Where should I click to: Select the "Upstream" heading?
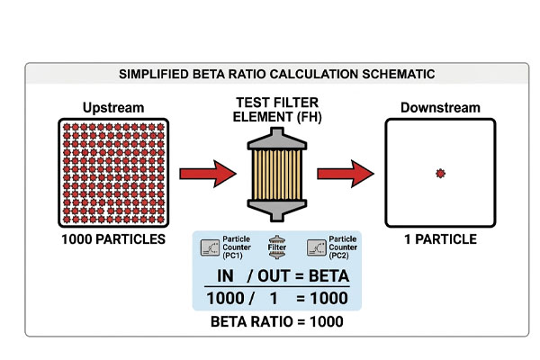[x=113, y=108]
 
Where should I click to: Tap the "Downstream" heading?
[x=440, y=108]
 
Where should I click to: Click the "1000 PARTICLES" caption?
[x=113, y=239]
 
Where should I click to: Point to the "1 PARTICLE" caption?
[x=440, y=239]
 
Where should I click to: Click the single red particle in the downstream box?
[x=440, y=173]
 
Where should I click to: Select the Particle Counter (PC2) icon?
[x=316, y=247]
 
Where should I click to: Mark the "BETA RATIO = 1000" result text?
[x=276, y=319]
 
